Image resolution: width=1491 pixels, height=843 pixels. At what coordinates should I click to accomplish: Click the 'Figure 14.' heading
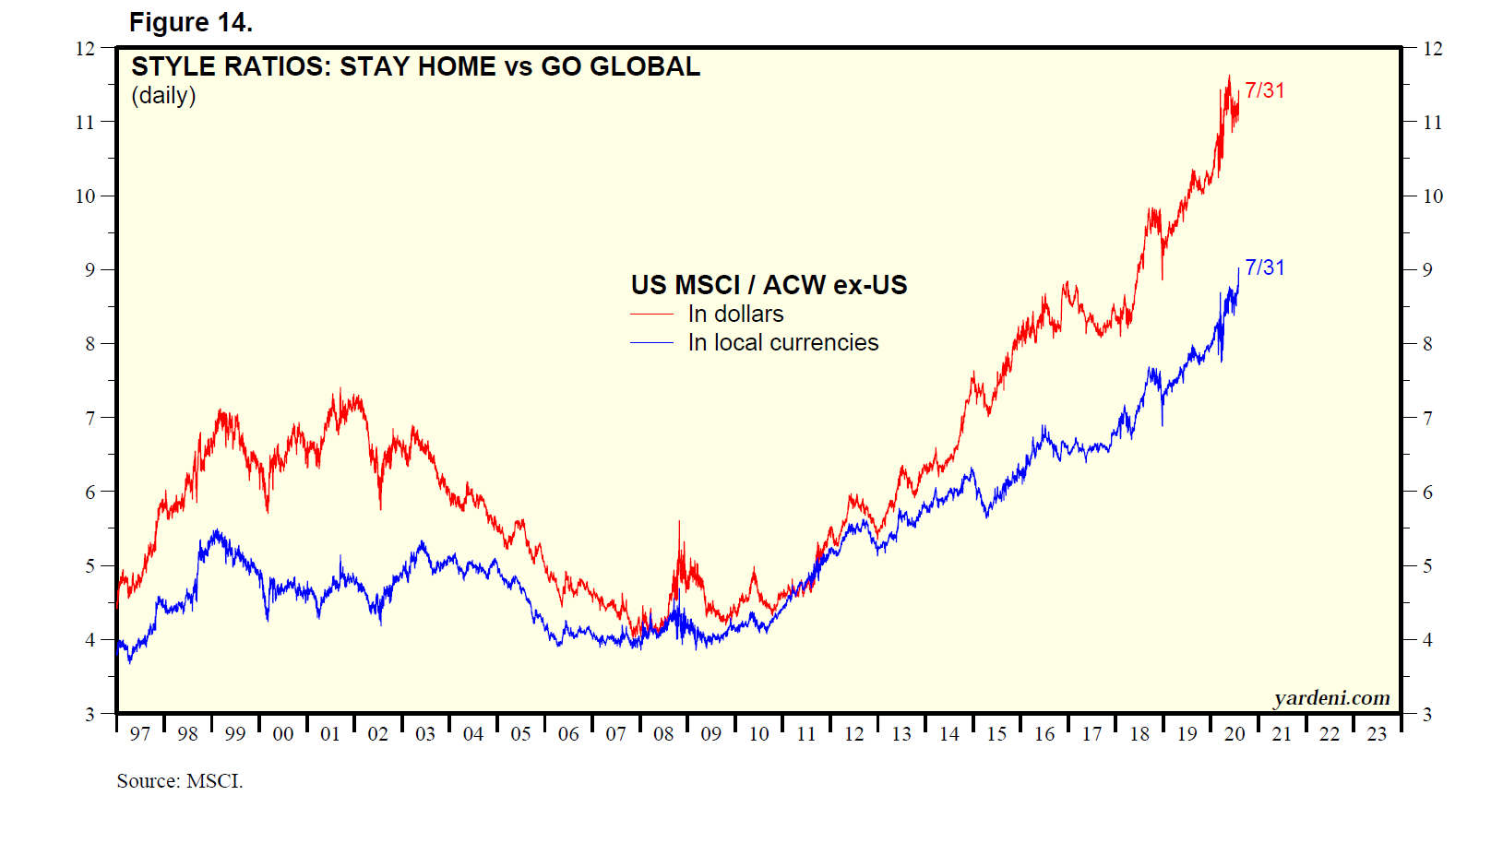(191, 22)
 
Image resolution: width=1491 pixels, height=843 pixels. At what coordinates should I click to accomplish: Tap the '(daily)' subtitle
(163, 95)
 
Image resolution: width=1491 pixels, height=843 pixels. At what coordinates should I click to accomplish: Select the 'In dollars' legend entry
(735, 315)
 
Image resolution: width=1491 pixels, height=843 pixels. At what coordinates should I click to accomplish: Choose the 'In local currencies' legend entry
(782, 343)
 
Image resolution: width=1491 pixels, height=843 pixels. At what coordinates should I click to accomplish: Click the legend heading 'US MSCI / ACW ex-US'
(769, 285)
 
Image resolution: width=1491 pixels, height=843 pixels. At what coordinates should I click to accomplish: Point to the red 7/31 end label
(1264, 90)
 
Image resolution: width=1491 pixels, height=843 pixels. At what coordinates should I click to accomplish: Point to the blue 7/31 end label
(1264, 267)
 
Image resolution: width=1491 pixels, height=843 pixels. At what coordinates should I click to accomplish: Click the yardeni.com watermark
(1331, 697)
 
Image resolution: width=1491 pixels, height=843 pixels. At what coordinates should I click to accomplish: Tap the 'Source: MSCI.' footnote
(180, 781)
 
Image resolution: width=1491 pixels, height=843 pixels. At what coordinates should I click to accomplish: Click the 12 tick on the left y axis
(85, 48)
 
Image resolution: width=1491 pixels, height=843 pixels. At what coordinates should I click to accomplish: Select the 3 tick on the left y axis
(89, 714)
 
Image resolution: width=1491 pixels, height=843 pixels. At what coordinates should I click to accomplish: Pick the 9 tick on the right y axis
(1427, 270)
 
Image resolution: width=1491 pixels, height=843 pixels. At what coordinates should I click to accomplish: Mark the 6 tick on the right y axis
(1427, 493)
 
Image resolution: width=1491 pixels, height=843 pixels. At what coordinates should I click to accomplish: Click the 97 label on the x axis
(140, 734)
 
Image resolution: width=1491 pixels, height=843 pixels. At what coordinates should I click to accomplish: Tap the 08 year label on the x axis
(663, 734)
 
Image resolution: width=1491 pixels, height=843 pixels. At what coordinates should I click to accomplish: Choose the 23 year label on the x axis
(1377, 734)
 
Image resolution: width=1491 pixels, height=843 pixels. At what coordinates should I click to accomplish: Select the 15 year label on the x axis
(996, 734)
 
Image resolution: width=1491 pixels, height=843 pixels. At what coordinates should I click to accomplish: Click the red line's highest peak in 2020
(1229, 77)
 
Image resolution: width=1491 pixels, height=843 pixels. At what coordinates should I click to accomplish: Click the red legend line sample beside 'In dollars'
(651, 315)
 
